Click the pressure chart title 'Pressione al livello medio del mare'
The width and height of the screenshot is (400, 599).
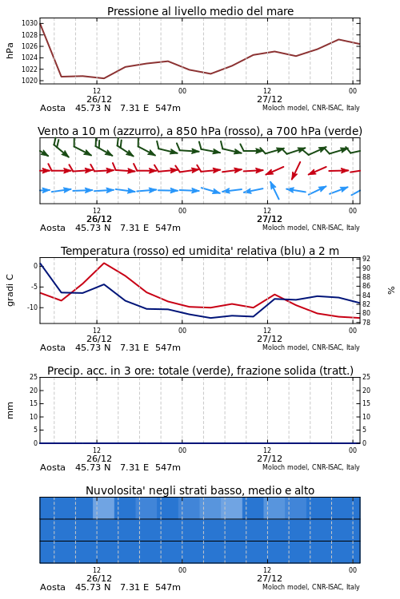click(x=200, y=11)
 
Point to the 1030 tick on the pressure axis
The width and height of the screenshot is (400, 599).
click(x=30, y=23)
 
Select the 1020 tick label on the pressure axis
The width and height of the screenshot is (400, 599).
click(x=30, y=81)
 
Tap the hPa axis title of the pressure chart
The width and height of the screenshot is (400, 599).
click(x=10, y=50)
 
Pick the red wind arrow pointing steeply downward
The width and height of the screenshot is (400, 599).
click(x=296, y=170)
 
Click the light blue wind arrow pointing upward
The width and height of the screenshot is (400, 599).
click(x=274, y=190)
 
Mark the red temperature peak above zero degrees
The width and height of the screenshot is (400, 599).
click(x=104, y=263)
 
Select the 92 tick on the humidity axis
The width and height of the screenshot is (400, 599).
click(x=366, y=259)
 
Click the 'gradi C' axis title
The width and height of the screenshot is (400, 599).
click(x=10, y=290)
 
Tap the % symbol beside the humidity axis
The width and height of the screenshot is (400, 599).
click(x=391, y=291)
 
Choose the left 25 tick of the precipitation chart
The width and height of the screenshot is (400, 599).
click(x=34, y=377)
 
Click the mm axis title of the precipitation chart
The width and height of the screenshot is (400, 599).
click(x=10, y=411)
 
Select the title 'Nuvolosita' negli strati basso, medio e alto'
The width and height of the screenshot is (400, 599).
click(x=200, y=490)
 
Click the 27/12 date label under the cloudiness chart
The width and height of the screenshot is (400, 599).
click(x=270, y=578)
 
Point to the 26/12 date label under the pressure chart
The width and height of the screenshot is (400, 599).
click(x=99, y=99)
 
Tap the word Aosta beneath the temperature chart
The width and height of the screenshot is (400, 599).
click(x=53, y=347)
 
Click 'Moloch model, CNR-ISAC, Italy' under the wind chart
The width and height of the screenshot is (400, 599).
click(x=311, y=228)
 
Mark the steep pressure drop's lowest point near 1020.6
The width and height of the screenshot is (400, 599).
click(x=62, y=77)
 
